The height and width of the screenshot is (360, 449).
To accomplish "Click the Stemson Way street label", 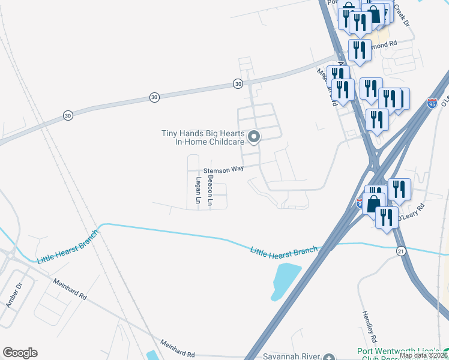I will [x=223, y=169].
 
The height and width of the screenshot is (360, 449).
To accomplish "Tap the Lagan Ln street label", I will [x=197, y=189].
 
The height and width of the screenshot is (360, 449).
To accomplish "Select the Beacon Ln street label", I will [x=210, y=191].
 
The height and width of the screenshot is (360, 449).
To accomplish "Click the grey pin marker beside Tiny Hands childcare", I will [x=254, y=137].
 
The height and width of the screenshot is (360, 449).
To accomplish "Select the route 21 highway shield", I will [x=400, y=250].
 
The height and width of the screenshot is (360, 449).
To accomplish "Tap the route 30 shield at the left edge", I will [x=66, y=115].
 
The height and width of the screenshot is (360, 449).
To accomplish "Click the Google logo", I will [x=20, y=353].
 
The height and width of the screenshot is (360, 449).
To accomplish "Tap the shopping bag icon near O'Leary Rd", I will [x=373, y=203].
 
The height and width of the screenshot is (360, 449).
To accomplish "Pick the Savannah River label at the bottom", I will [x=288, y=356].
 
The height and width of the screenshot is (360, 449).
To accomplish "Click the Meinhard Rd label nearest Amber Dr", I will [x=70, y=289].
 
